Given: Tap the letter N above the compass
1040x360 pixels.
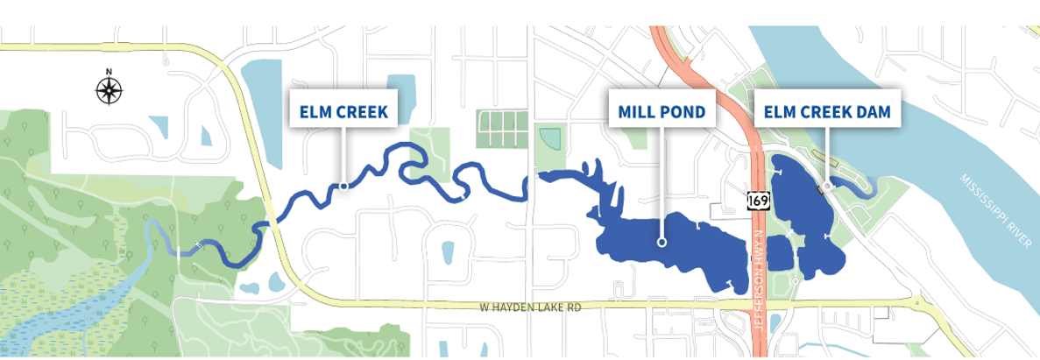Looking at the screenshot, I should coord(109,72).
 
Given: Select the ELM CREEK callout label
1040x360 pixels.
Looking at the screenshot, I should coord(343,111).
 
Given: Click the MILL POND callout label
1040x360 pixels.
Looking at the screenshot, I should coord(662,111).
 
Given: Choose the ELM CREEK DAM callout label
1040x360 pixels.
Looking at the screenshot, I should coord(827,111).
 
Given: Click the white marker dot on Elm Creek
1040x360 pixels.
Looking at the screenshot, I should coord(344,186).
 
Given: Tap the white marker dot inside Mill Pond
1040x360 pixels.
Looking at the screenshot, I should coord(662,243).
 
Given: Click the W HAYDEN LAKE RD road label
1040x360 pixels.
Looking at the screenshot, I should coord(531,307).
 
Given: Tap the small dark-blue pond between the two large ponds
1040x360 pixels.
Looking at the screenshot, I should coord(779,253).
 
